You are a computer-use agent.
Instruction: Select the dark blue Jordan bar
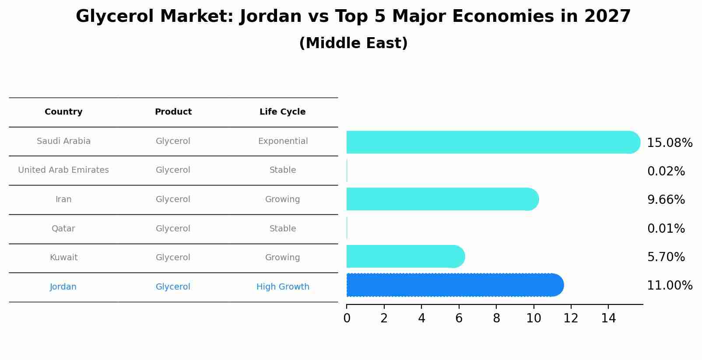[x=453, y=285]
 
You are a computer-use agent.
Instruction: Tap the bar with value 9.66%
[x=440, y=199]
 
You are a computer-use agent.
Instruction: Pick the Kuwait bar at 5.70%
[x=403, y=257]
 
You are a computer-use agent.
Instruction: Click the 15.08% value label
[x=670, y=143]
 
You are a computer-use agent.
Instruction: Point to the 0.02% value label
[x=666, y=171]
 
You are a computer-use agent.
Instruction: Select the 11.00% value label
[x=670, y=286]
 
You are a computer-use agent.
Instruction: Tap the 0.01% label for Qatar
[x=666, y=229]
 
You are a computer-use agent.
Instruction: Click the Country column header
[x=63, y=112]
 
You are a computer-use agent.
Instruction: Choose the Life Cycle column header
[x=282, y=112]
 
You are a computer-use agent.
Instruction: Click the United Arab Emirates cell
[x=63, y=170]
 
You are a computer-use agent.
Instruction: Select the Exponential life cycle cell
[x=283, y=141]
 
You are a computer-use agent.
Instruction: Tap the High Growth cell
[x=283, y=287]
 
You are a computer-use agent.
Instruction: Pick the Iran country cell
[x=63, y=199]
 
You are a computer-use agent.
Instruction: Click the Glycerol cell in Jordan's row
[x=173, y=287]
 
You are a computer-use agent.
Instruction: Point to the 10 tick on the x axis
[x=534, y=318]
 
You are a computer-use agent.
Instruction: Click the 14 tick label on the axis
[x=608, y=318]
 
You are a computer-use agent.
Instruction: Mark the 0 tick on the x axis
[x=347, y=318]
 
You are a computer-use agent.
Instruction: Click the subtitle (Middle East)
[x=353, y=43]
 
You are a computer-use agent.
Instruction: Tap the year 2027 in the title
[x=607, y=17]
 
